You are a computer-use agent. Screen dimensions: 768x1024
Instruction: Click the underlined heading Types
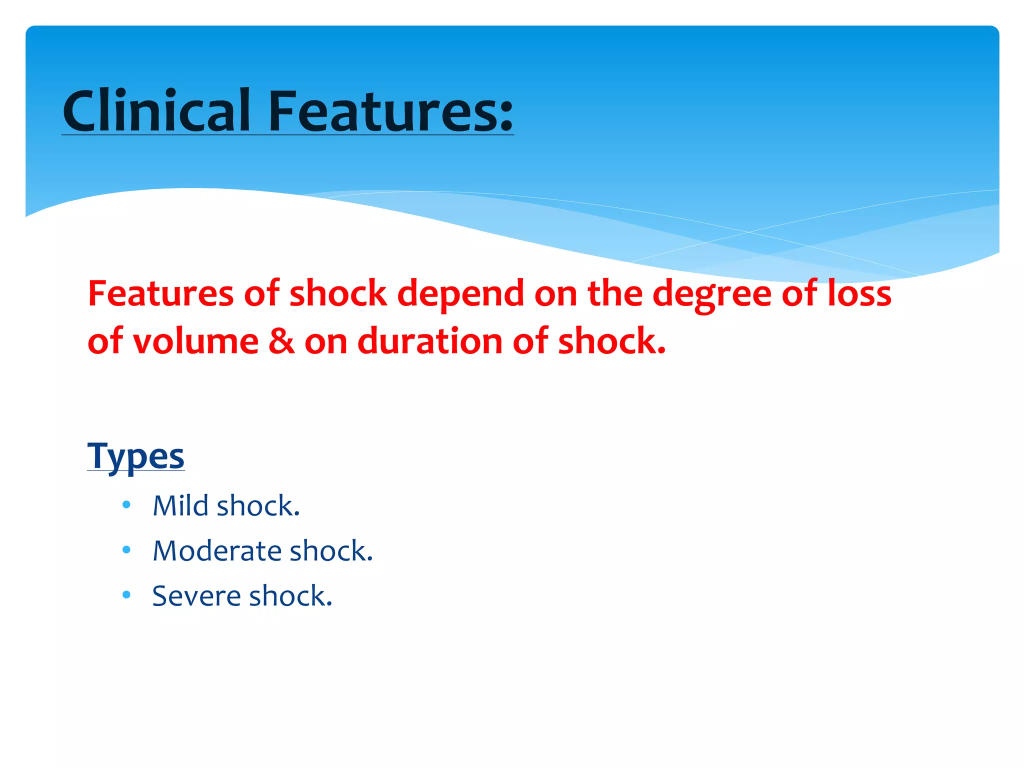point(135,455)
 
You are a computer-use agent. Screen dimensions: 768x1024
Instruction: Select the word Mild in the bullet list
point(180,505)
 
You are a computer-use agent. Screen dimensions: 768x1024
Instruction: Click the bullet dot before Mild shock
point(126,505)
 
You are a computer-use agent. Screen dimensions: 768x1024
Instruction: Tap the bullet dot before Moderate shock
point(126,550)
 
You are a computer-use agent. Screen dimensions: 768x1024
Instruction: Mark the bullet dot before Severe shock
point(126,595)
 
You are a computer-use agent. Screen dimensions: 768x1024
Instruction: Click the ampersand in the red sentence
point(281,341)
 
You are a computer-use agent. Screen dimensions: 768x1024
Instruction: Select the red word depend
point(460,293)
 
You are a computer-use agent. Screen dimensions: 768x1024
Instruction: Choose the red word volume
point(195,341)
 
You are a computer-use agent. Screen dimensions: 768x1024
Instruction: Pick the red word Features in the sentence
point(160,293)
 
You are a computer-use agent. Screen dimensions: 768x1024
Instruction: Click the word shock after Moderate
point(331,550)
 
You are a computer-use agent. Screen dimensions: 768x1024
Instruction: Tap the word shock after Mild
point(258,505)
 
